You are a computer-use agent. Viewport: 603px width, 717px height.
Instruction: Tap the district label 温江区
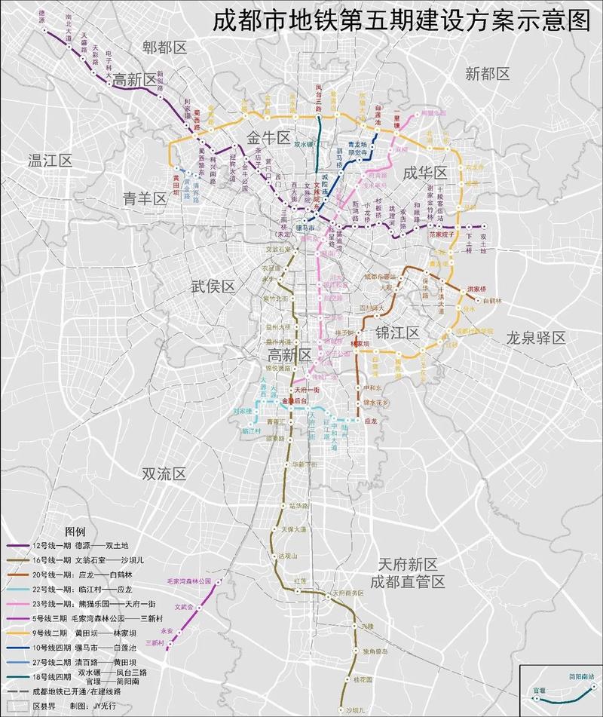49,161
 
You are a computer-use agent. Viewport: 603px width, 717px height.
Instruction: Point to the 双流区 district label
164,473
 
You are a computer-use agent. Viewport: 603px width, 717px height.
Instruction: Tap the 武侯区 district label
213,286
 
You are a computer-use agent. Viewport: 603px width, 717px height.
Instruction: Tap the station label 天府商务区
349,593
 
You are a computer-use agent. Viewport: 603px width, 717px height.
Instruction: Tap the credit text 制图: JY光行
99,706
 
